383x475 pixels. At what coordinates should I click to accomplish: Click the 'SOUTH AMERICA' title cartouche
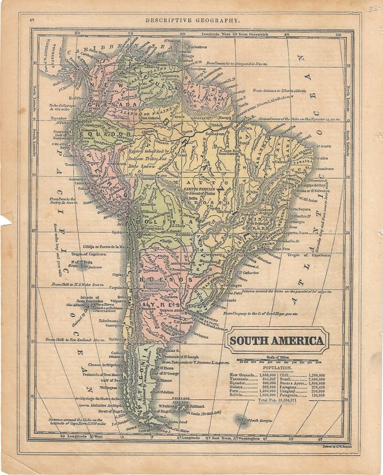pyautogui.click(x=277, y=341)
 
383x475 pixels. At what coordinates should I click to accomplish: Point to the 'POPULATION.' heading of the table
pyautogui.click(x=277, y=368)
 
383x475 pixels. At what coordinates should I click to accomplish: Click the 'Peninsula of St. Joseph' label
pyautogui.click(x=181, y=356)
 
